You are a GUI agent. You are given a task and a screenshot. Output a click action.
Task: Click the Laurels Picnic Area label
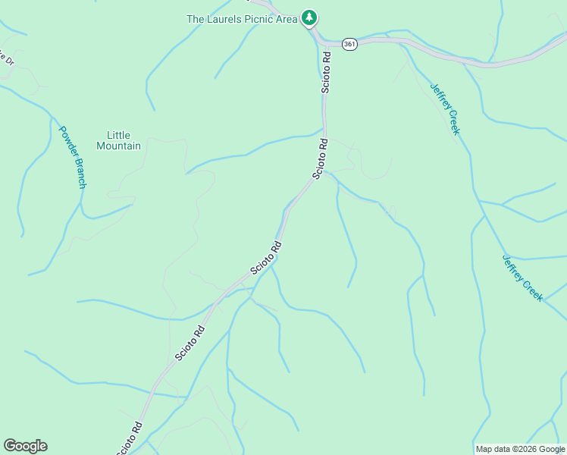click(x=242, y=19)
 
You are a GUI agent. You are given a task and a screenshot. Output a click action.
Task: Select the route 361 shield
click(x=349, y=45)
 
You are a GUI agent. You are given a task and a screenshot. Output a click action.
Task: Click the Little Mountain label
click(x=118, y=140)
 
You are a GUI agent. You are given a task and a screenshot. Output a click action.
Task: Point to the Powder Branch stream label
click(x=73, y=157)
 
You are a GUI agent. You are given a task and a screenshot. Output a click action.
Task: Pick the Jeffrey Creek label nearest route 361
click(x=445, y=108)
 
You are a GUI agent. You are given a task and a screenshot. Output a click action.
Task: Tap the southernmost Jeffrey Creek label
click(x=522, y=278)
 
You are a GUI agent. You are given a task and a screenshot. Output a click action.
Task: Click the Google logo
click(x=25, y=446)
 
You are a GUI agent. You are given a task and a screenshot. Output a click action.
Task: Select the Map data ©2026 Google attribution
click(x=519, y=449)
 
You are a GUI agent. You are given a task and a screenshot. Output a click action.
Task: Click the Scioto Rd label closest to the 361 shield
click(x=326, y=72)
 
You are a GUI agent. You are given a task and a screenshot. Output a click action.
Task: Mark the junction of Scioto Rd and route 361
click(x=320, y=38)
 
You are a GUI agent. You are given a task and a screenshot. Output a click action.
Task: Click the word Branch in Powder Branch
click(x=79, y=173)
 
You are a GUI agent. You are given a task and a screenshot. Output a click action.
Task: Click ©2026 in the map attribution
click(x=521, y=449)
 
